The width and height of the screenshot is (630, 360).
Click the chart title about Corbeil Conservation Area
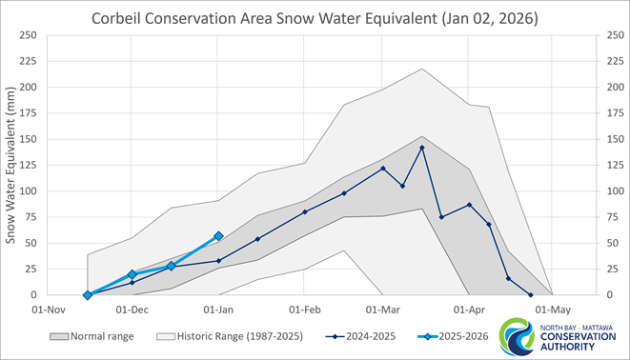click(x=315, y=18)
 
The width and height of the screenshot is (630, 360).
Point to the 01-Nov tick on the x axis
click(x=47, y=310)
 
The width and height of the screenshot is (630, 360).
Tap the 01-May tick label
click(x=553, y=310)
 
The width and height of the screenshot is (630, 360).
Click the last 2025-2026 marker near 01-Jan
click(x=218, y=235)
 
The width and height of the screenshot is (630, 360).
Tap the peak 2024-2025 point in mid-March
click(x=422, y=148)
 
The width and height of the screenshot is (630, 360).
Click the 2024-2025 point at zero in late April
click(x=530, y=295)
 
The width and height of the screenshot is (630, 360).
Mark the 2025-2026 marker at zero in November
click(x=88, y=295)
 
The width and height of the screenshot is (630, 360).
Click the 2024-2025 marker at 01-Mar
click(x=383, y=169)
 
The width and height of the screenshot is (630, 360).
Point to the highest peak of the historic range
click(x=422, y=69)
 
